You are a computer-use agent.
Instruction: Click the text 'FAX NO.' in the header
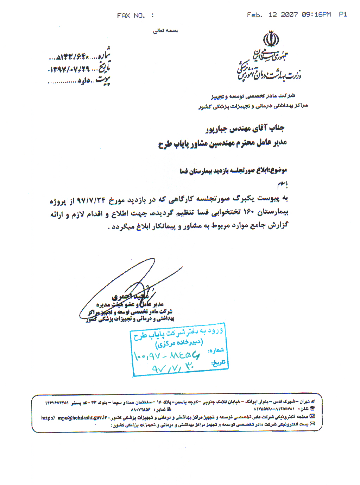pyautogui.click(x=131, y=15)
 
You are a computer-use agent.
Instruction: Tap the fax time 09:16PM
pyautogui.click(x=316, y=14)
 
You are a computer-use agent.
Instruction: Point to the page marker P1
pyautogui.click(x=343, y=14)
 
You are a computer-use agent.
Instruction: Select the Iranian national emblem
pyautogui.click(x=271, y=39)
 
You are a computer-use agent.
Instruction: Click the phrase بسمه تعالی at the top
pyautogui.click(x=165, y=31)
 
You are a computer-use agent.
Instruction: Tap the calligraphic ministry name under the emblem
pyautogui.click(x=269, y=67)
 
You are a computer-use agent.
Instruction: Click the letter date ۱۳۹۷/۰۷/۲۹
pyautogui.click(x=69, y=69)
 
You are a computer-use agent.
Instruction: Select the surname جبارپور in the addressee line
pyautogui.click(x=217, y=130)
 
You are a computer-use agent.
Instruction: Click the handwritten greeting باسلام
pyautogui.click(x=282, y=184)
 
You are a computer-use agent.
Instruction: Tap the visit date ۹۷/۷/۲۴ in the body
pyautogui.click(x=91, y=200)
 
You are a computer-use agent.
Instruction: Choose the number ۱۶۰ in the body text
pyautogui.click(x=249, y=212)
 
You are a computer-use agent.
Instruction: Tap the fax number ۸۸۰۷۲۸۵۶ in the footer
pyautogui.click(x=140, y=410)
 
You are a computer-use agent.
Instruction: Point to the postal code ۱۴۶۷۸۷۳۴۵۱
pyautogui.click(x=57, y=403)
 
